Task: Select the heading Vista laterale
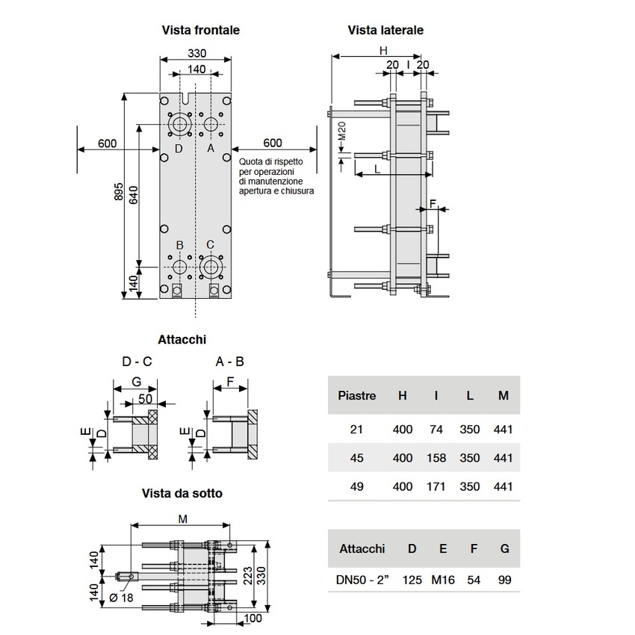(385, 31)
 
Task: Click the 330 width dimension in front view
(196, 54)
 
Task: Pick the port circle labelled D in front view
(179, 123)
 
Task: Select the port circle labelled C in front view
(211, 266)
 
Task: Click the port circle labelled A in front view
(211, 123)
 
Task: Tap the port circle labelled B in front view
(179, 266)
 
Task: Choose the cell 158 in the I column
(436, 458)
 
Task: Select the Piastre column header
(357, 395)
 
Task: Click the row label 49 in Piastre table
(357, 486)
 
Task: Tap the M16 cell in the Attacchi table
(443, 579)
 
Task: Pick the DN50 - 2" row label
(362, 579)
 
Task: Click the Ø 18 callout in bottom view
(122, 598)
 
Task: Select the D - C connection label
(137, 362)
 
